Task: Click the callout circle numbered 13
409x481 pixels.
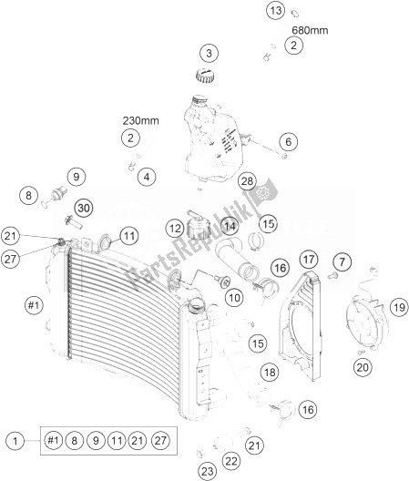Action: point(250,11)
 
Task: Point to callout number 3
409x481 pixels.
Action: point(209,52)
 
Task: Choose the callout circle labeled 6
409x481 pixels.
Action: point(289,142)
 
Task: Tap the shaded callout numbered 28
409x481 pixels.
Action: point(247,182)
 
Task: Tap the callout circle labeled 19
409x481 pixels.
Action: point(398,308)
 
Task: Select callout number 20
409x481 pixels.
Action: point(363,367)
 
